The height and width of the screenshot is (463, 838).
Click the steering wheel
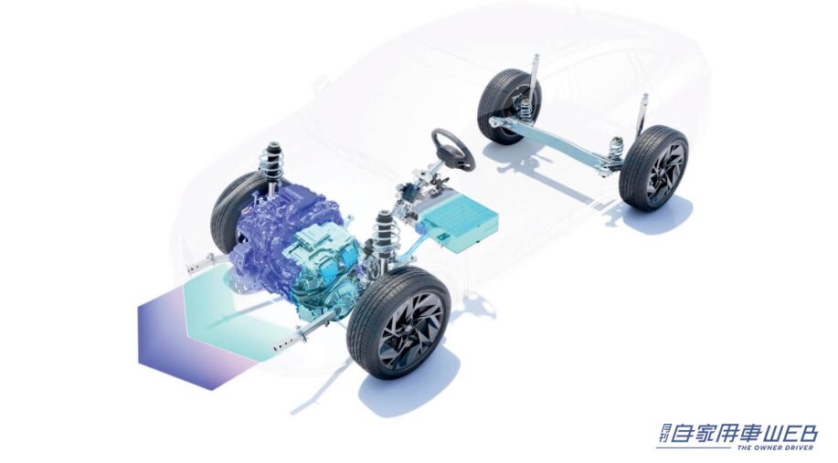453,150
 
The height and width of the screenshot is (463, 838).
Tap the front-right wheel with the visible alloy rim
398,322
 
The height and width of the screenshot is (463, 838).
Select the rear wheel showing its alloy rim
653,168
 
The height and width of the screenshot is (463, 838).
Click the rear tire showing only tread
508,106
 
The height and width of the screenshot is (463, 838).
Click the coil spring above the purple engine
271,159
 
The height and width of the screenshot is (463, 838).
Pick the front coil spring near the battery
384,229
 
